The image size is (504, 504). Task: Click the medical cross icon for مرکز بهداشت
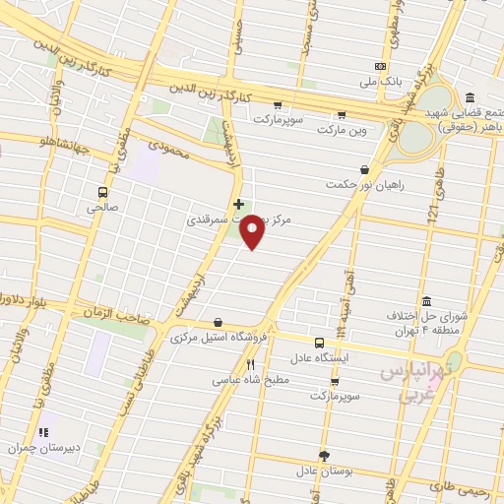click(238, 205)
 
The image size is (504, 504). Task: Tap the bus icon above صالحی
click(102, 193)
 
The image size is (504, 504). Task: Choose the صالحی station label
click(101, 208)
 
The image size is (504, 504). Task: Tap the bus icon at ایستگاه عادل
click(317, 344)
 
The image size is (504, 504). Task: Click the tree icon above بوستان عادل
click(325, 455)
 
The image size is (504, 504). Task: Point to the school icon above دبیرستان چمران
click(42, 432)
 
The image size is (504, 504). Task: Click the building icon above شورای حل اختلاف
click(426, 301)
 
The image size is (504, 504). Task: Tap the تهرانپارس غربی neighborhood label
click(411, 385)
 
